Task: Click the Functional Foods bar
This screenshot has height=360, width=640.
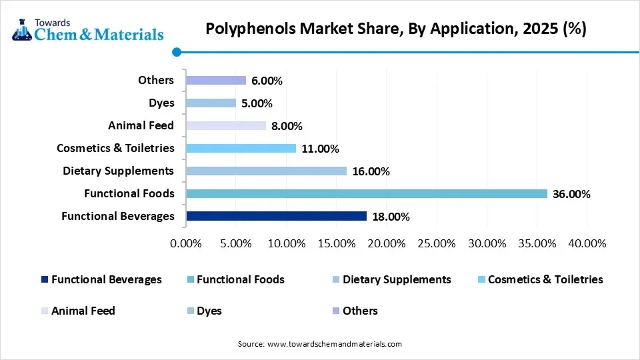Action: [367, 193]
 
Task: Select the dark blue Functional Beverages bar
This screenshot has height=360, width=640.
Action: [277, 216]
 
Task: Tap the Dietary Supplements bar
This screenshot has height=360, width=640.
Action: [267, 171]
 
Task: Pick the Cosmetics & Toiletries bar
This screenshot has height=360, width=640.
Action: [241, 148]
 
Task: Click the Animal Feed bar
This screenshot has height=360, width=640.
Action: [226, 125]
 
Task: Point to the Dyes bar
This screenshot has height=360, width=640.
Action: [211, 103]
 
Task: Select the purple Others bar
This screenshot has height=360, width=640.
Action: [216, 80]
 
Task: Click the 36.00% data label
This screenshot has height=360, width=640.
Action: [571, 194]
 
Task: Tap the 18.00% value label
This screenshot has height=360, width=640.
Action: [391, 217]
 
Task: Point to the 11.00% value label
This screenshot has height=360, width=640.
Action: [320, 149]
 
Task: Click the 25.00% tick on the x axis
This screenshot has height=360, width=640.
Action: [436, 243]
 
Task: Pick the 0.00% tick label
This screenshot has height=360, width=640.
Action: [186, 243]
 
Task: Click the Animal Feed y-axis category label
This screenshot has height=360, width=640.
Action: [141, 125]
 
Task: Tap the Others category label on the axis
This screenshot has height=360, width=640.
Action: [155, 80]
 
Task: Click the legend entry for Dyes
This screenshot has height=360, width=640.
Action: [209, 311]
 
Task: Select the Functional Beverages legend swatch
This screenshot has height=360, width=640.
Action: [45, 280]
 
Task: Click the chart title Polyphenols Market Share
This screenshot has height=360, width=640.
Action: [395, 29]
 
